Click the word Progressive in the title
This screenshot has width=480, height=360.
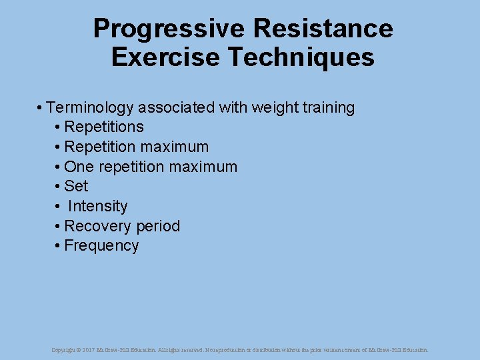click(x=169, y=29)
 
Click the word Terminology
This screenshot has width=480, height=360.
click(x=89, y=107)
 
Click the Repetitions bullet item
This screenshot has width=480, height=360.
click(x=104, y=127)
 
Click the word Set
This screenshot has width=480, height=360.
click(x=76, y=186)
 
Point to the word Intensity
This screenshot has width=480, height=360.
click(x=97, y=206)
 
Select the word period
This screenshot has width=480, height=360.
click(x=157, y=226)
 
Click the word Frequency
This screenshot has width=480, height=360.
click(x=101, y=245)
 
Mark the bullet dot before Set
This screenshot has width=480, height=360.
click(x=58, y=187)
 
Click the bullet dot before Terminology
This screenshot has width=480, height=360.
click(x=41, y=108)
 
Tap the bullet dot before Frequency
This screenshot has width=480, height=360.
click(x=58, y=246)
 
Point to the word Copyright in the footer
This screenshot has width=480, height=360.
click(x=66, y=349)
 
